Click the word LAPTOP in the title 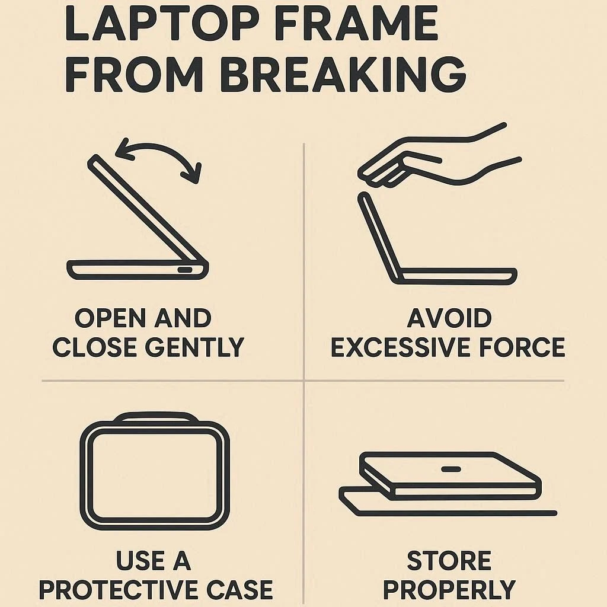point(162,23)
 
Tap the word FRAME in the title point(357,23)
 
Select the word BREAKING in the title point(343,74)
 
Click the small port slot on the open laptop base point(185,270)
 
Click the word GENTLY point(194,347)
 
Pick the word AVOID point(449,318)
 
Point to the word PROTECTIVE point(119,590)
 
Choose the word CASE point(239,590)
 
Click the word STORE point(449,561)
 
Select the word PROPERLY point(449,590)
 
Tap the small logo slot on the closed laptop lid point(451,469)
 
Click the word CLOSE point(95,347)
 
